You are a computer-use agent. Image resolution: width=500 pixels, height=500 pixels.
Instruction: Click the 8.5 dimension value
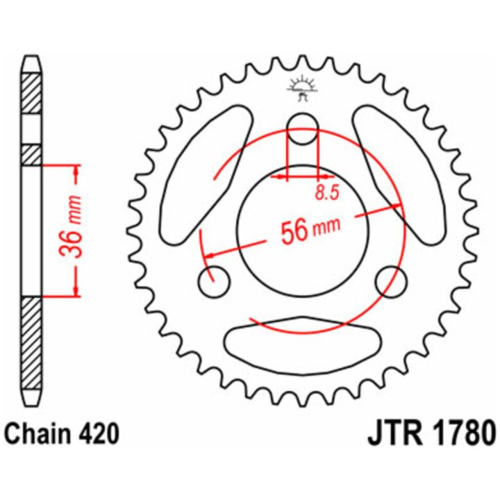coord(327,193)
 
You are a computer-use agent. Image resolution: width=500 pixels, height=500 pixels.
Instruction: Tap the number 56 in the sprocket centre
coord(294,231)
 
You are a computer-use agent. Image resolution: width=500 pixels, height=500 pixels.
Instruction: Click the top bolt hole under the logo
coord(302,128)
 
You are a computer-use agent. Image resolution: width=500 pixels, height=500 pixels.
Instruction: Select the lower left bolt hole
coord(214,281)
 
